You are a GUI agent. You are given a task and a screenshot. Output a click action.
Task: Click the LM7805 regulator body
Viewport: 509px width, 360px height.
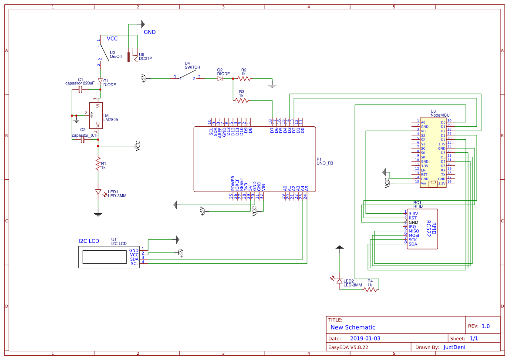(96, 115)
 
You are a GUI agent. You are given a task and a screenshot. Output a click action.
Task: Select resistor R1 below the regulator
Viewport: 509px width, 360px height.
(98, 164)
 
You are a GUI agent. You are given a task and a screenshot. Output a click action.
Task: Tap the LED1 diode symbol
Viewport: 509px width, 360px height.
(98, 192)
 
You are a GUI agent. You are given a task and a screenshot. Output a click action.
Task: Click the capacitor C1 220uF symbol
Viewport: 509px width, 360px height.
(80, 90)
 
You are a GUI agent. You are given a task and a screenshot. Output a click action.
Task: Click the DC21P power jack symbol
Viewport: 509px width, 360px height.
(129, 57)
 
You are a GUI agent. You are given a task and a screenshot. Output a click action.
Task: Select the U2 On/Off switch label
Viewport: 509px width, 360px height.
(115, 57)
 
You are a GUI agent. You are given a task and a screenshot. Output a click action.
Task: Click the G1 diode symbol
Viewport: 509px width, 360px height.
(100, 81)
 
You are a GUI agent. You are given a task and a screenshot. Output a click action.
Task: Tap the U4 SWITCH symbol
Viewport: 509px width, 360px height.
(187, 76)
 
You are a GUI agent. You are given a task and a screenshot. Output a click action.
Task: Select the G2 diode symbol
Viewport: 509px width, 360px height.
(220, 78)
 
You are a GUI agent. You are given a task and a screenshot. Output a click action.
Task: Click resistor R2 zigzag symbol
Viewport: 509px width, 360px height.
(243, 79)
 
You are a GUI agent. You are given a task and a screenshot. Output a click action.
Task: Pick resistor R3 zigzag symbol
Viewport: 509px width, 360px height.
(241, 100)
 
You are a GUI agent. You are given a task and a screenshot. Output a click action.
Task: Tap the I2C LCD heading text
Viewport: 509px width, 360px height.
(89, 241)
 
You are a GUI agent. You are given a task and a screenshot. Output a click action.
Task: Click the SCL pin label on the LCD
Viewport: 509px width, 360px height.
(134, 263)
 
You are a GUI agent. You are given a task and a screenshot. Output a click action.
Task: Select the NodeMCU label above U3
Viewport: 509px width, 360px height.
(440, 115)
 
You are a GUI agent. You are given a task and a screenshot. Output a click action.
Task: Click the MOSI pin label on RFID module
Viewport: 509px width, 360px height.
(414, 236)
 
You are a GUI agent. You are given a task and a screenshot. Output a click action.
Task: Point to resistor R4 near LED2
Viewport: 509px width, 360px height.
(370, 289)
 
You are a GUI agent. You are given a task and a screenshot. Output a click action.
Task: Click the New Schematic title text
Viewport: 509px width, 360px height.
(353, 327)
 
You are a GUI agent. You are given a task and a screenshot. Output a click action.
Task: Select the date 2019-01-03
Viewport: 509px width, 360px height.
(365, 338)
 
